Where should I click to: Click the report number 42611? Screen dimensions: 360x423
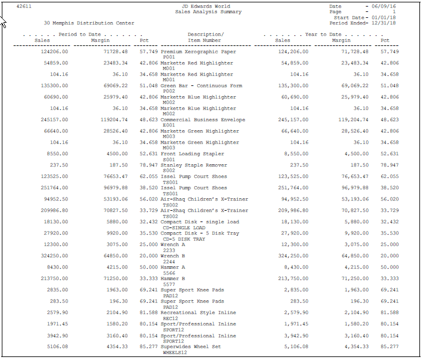click(x=23, y=6)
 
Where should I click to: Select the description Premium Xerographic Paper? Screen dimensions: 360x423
click(x=198, y=52)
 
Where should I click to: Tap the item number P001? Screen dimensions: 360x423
click(x=169, y=57)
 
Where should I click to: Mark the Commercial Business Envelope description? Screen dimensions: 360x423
click(x=203, y=120)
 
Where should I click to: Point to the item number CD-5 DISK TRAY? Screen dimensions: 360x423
click(x=185, y=239)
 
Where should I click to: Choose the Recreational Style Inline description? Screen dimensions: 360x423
click(x=198, y=313)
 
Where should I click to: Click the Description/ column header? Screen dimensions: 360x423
click(x=205, y=35)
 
